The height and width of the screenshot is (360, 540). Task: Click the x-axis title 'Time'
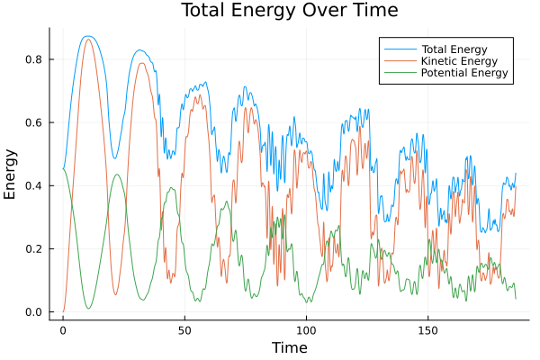pyautogui.click(x=290, y=347)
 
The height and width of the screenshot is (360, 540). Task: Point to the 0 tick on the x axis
pyautogui.click(x=63, y=329)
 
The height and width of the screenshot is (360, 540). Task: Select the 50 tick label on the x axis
pyautogui.click(x=184, y=329)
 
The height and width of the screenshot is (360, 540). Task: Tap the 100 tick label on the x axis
pyautogui.click(x=306, y=329)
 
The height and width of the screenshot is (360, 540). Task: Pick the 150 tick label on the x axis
pyautogui.click(x=427, y=329)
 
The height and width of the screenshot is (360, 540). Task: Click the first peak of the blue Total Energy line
pyautogui.click(x=87, y=36)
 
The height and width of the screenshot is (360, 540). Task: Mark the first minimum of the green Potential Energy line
pyautogui.click(x=88, y=309)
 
